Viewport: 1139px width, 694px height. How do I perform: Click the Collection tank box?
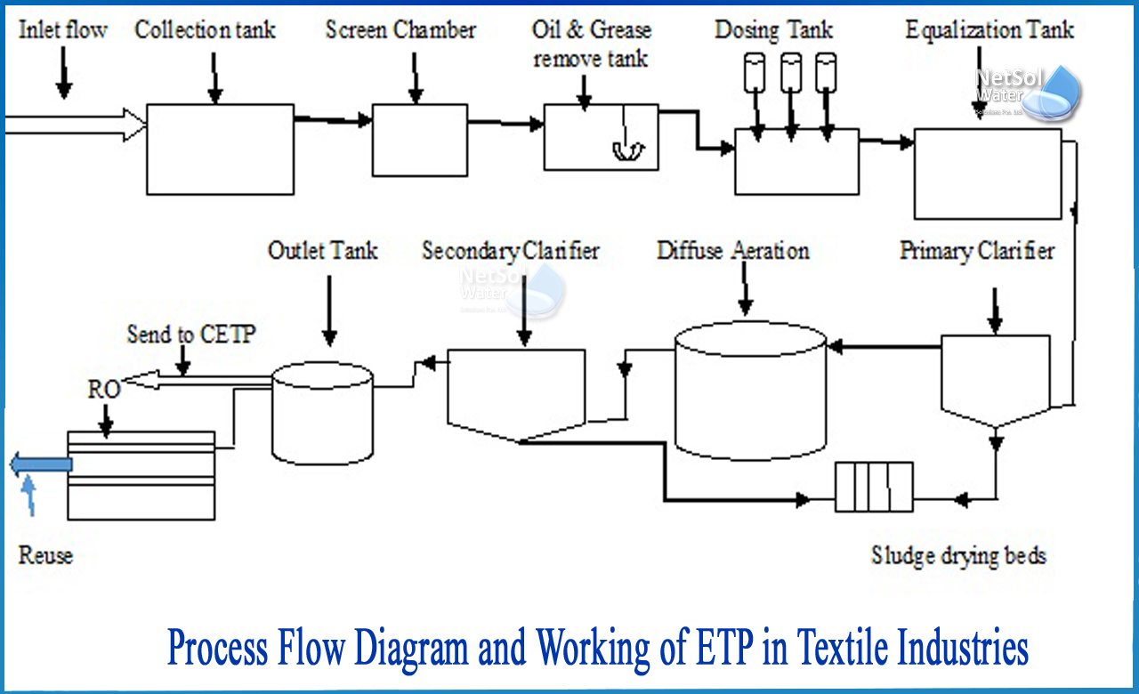220,149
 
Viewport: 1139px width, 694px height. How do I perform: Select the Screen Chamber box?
419,140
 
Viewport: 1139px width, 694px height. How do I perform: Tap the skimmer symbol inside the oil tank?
627,151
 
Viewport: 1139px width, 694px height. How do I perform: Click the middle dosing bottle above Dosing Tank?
791,72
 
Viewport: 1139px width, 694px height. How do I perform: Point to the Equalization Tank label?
990,30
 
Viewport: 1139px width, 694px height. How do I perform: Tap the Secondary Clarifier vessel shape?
515,392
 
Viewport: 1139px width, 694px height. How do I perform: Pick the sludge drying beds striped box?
874,487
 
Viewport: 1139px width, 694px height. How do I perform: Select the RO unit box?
141,475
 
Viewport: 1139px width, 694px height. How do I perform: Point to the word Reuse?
45,556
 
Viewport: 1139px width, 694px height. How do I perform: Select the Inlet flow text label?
62,30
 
